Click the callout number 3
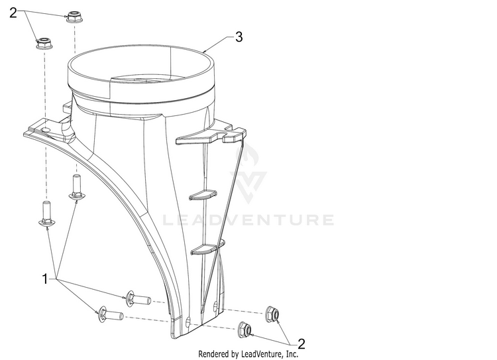click(239, 37)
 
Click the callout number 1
click(45, 279)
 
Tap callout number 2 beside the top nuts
click(13, 13)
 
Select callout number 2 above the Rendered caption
click(301, 344)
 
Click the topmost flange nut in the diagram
click(74, 17)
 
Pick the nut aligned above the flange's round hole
click(44, 44)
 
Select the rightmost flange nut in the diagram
click(272, 314)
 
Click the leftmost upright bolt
click(46, 213)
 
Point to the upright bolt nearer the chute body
click(76, 187)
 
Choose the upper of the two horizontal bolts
click(138, 298)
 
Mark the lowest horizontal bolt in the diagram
click(111, 315)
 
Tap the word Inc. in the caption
click(292, 353)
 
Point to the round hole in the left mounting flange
click(46, 130)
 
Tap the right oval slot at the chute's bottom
click(215, 306)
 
